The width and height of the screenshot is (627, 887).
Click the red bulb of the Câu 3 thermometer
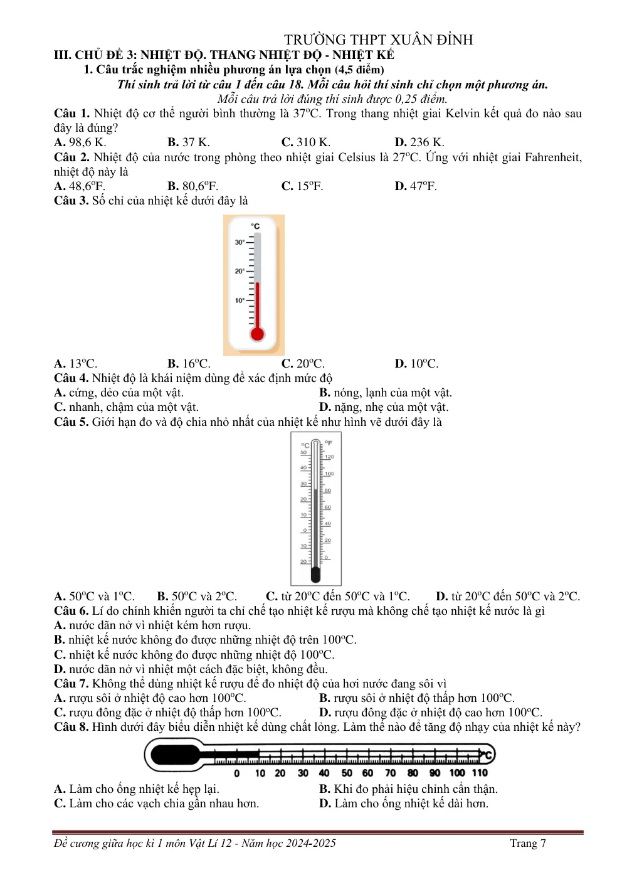point(257,334)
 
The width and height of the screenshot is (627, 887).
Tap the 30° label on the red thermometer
point(240,242)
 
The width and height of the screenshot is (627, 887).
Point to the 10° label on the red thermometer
point(240,300)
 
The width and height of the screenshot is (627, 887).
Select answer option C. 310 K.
point(305,142)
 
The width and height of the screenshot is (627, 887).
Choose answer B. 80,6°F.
point(192,186)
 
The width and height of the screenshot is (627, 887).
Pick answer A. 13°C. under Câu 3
point(76,363)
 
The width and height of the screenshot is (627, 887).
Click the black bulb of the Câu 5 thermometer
point(315,574)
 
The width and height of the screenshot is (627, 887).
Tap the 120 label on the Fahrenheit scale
point(329,457)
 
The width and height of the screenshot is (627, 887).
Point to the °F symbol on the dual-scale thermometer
point(329,443)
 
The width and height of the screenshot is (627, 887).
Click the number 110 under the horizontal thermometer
point(480,773)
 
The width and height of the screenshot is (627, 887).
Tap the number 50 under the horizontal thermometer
point(347,773)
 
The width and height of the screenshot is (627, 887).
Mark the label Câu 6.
point(71,611)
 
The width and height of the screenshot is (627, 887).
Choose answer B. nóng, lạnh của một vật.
point(386,393)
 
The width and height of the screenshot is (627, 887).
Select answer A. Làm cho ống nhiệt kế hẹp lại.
point(137,789)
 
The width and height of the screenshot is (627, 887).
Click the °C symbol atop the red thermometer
point(255,226)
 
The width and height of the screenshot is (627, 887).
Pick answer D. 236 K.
point(419,142)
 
